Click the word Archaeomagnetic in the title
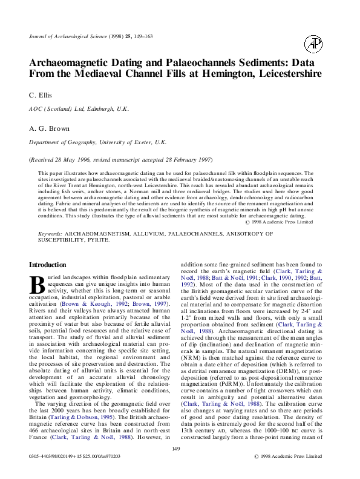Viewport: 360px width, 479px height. coord(77,62)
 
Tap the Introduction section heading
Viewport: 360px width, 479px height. coord(48,265)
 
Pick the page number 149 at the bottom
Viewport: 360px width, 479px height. coord(177,448)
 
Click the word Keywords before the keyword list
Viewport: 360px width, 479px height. coord(50,233)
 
